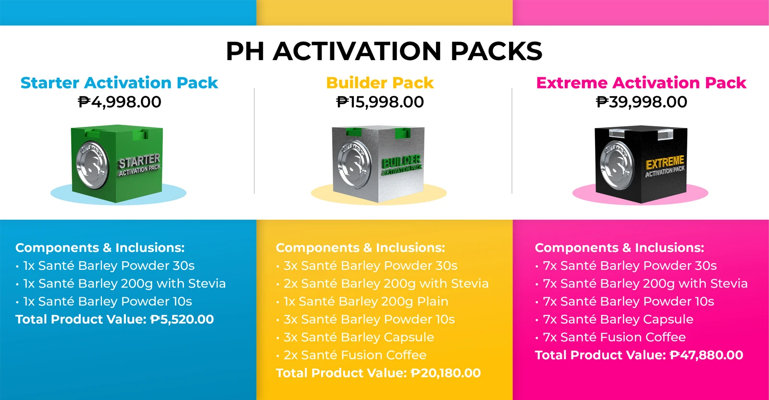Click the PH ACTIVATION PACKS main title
384,51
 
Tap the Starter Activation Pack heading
119,83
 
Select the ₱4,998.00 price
120,102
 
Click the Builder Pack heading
380,83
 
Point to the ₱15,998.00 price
380,102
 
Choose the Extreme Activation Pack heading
641,83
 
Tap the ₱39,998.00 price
641,102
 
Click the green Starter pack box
117,163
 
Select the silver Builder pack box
378,164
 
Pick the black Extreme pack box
641,164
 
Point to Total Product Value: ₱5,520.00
115,319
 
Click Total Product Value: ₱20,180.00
378,373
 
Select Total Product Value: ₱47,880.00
639,355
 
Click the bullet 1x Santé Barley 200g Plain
362,302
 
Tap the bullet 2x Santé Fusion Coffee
351,355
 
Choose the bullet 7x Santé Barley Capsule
615,319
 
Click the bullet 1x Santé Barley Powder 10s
104,302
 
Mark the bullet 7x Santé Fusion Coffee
611,337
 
